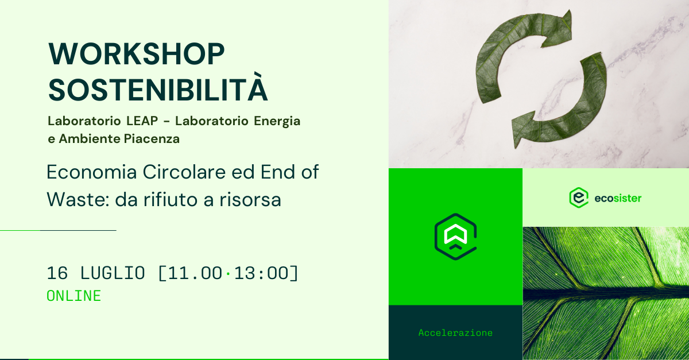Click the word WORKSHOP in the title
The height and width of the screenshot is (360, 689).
click(x=137, y=54)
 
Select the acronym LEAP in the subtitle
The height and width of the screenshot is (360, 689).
click(x=142, y=121)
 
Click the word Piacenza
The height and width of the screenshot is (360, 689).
click(x=152, y=139)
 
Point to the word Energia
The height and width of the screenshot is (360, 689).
click(x=277, y=122)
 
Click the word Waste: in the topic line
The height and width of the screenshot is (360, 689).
click(x=78, y=199)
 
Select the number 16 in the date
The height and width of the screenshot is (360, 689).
click(x=57, y=273)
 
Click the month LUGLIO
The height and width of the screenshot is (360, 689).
click(x=113, y=273)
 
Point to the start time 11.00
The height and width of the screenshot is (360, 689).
click(x=195, y=273)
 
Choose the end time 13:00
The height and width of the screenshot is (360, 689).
click(x=261, y=273)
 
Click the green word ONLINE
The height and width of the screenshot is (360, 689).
click(x=74, y=296)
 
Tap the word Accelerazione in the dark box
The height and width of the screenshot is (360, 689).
click(x=455, y=332)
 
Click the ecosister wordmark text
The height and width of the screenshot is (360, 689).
click(x=618, y=199)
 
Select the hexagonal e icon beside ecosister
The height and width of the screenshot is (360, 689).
click(x=579, y=198)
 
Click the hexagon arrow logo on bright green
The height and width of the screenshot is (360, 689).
click(x=455, y=237)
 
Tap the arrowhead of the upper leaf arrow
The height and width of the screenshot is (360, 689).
click(x=558, y=29)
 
